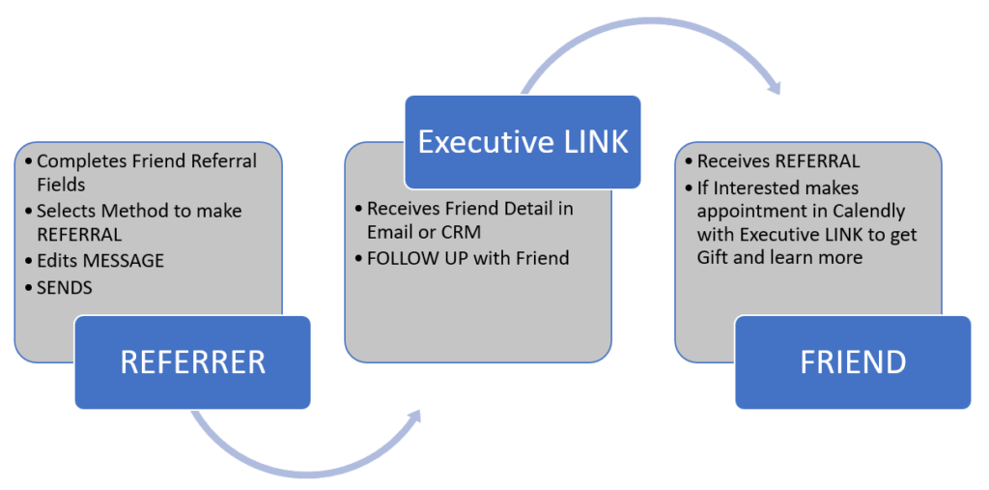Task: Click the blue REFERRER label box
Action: point(192,361)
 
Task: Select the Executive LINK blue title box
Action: point(523,142)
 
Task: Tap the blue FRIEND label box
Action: point(853,361)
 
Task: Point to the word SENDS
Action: point(65,287)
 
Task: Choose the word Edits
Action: point(59,261)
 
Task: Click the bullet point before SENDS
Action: point(27,288)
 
